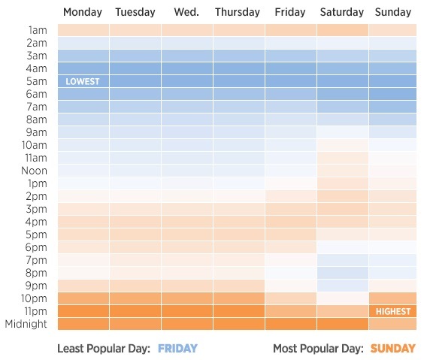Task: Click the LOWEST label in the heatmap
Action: (83, 81)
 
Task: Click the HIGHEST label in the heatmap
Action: (393, 311)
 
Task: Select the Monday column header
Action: (83, 12)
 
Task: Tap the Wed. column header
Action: (186, 12)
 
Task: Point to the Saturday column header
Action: (342, 12)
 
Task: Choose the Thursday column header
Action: (238, 12)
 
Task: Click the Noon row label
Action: (35, 171)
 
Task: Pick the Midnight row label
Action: (26, 324)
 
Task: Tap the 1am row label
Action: (38, 30)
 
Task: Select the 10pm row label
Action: (34, 298)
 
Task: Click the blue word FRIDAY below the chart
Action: (177, 349)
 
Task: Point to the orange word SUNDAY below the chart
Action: (393, 349)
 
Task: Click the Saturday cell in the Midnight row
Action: (343, 324)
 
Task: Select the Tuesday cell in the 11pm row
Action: (135, 311)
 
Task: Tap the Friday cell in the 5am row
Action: (291, 81)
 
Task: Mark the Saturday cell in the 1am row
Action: (343, 30)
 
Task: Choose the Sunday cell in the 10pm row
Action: (392, 298)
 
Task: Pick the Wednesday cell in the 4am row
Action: (187, 68)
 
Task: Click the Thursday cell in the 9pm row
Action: (239, 286)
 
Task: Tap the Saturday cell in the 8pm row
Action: (343, 273)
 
